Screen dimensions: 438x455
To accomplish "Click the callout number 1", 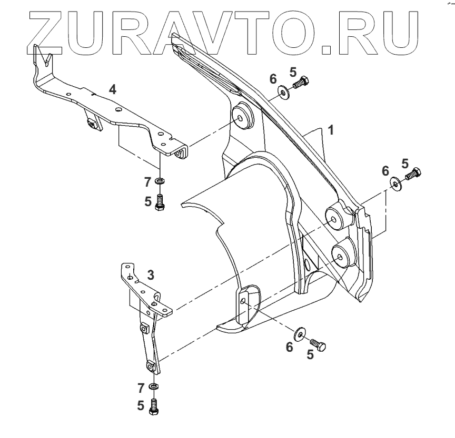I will click(330, 129).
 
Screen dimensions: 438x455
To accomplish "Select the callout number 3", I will click(151, 274).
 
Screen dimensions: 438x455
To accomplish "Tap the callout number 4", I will click(112, 89).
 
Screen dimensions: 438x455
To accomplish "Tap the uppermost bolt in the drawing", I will click(301, 83).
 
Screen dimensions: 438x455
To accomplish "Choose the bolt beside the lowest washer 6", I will click(318, 344).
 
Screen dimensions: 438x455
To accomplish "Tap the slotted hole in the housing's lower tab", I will click(243, 301).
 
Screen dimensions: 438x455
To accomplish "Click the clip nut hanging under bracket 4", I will click(94, 124).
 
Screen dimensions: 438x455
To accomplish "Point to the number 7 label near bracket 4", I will click(149, 182).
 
